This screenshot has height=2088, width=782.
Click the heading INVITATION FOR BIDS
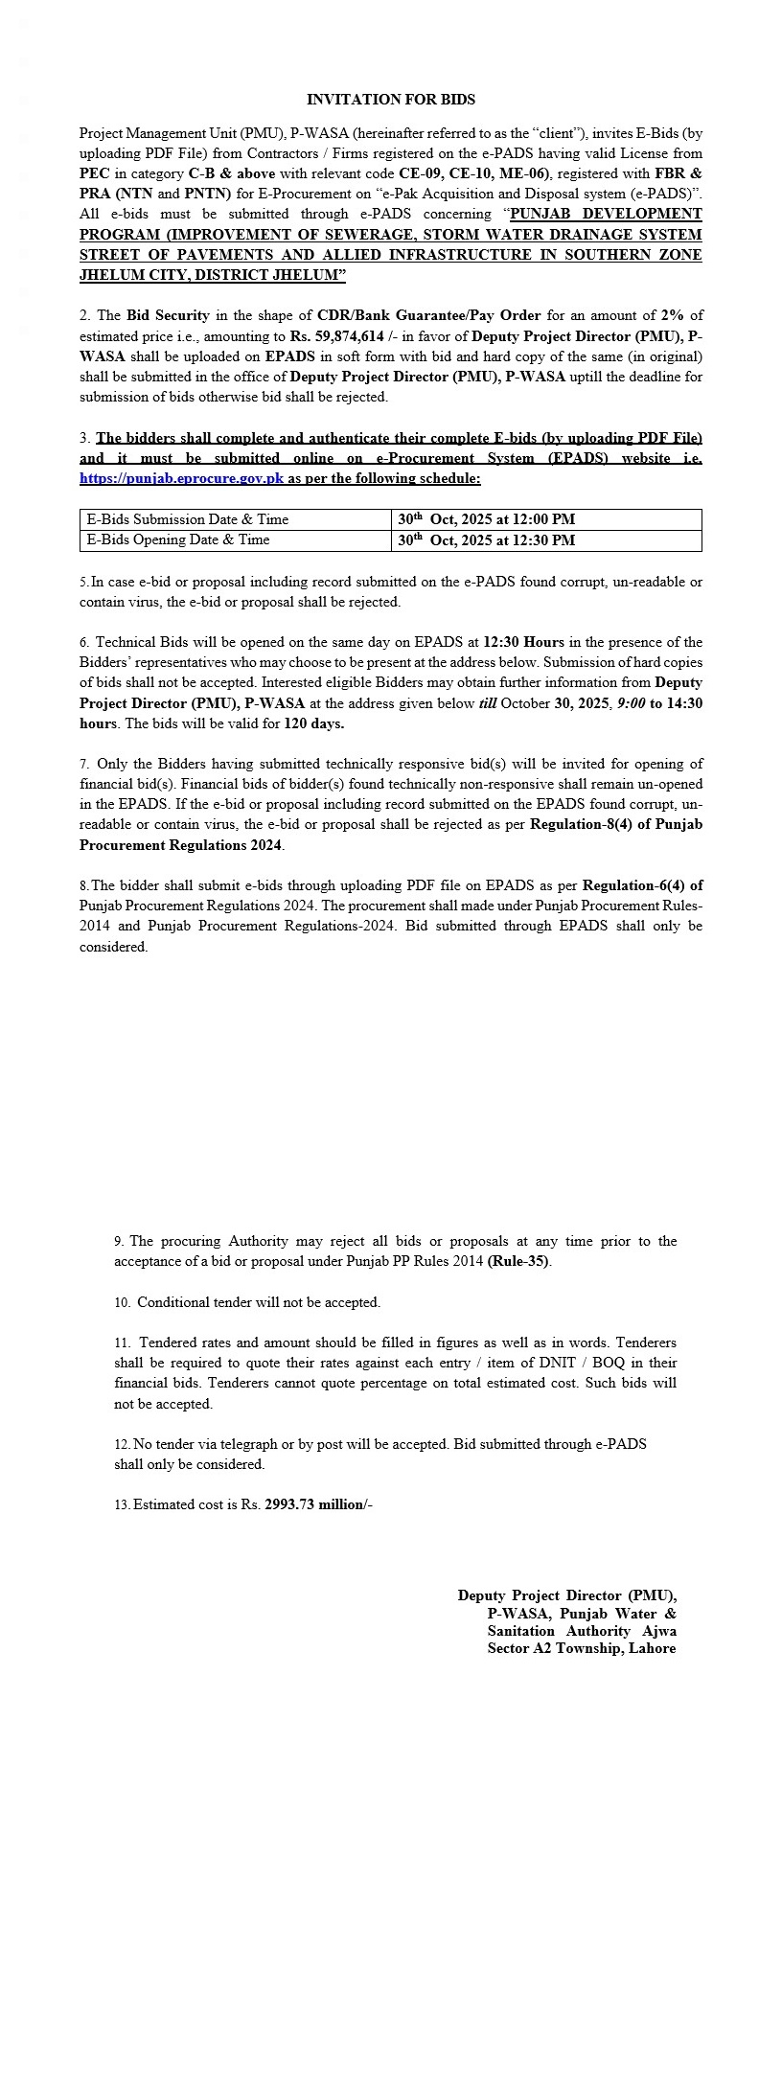click(x=391, y=100)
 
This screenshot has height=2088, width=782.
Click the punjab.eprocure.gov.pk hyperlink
click(x=181, y=478)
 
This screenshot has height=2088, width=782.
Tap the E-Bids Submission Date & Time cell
click(x=188, y=519)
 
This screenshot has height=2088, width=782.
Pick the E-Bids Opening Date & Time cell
click(x=178, y=540)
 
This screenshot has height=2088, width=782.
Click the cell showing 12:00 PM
click(x=487, y=519)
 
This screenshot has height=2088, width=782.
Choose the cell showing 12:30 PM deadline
click(x=487, y=540)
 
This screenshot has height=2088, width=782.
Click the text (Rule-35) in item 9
click(x=518, y=1261)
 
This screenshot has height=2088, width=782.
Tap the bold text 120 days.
click(x=314, y=723)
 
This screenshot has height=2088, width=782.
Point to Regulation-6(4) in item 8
click(x=642, y=885)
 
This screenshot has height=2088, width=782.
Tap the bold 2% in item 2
click(x=673, y=315)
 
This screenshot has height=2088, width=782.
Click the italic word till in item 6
click(x=488, y=703)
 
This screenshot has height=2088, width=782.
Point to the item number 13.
click(x=122, y=1505)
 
